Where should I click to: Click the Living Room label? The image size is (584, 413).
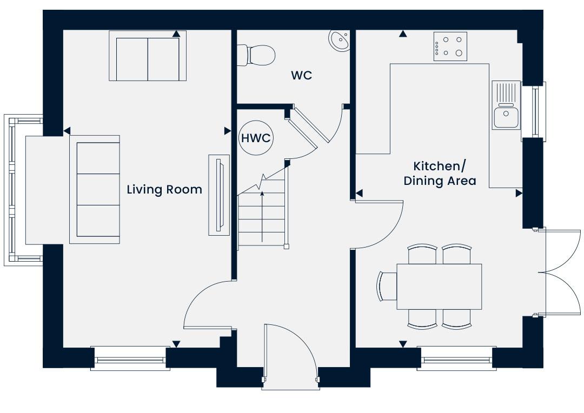(x=164, y=190)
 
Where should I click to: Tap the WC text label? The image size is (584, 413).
(x=302, y=76)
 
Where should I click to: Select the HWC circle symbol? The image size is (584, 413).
(x=256, y=138)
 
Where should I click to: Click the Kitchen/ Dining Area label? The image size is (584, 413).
(x=440, y=173)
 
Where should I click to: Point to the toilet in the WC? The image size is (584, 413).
(x=256, y=55)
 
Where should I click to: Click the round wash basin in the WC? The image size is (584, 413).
(x=339, y=40)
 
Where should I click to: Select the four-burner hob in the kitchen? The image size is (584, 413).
(x=450, y=46)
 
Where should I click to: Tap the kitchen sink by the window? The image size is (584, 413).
(x=506, y=105)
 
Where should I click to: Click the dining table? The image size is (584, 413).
(x=439, y=287)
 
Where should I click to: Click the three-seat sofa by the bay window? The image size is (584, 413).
(x=95, y=190)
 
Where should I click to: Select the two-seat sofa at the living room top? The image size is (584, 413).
(x=148, y=56)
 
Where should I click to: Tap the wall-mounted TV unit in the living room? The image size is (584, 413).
(x=219, y=195)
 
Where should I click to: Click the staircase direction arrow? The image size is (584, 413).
(x=262, y=217)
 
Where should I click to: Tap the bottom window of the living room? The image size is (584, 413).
(x=130, y=358)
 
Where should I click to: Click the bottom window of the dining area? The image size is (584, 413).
(x=456, y=358)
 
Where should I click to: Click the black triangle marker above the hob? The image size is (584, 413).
(x=403, y=34)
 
